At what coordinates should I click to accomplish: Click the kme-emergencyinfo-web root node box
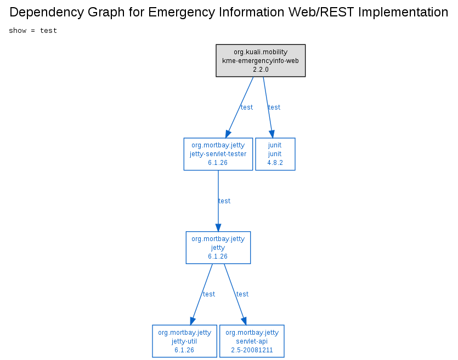coord(261,61)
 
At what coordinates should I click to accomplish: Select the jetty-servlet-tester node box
coord(218,154)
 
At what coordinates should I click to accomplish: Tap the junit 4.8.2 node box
coord(275,154)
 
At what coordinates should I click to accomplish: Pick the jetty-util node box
coord(185,341)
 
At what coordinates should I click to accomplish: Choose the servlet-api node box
coord(252,341)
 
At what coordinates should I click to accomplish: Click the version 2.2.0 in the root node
coord(261,70)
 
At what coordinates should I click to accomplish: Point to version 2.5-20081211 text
coord(252,350)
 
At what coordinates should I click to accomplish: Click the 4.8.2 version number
coord(275,163)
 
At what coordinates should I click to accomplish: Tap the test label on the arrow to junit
coord(274,107)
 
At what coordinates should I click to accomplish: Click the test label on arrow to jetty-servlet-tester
coord(247,107)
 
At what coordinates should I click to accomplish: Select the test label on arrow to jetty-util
coord(209,294)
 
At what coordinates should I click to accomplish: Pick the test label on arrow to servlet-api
coord(242,294)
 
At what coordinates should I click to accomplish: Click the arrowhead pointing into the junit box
coord(272,134)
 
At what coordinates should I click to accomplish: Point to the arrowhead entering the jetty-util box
coord(193,321)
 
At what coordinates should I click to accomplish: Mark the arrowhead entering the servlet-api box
coord(244,321)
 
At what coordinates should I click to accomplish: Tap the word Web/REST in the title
coord(321,12)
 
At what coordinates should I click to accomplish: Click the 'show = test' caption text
coord(33,31)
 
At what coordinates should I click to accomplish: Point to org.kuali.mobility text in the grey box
coord(261,52)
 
